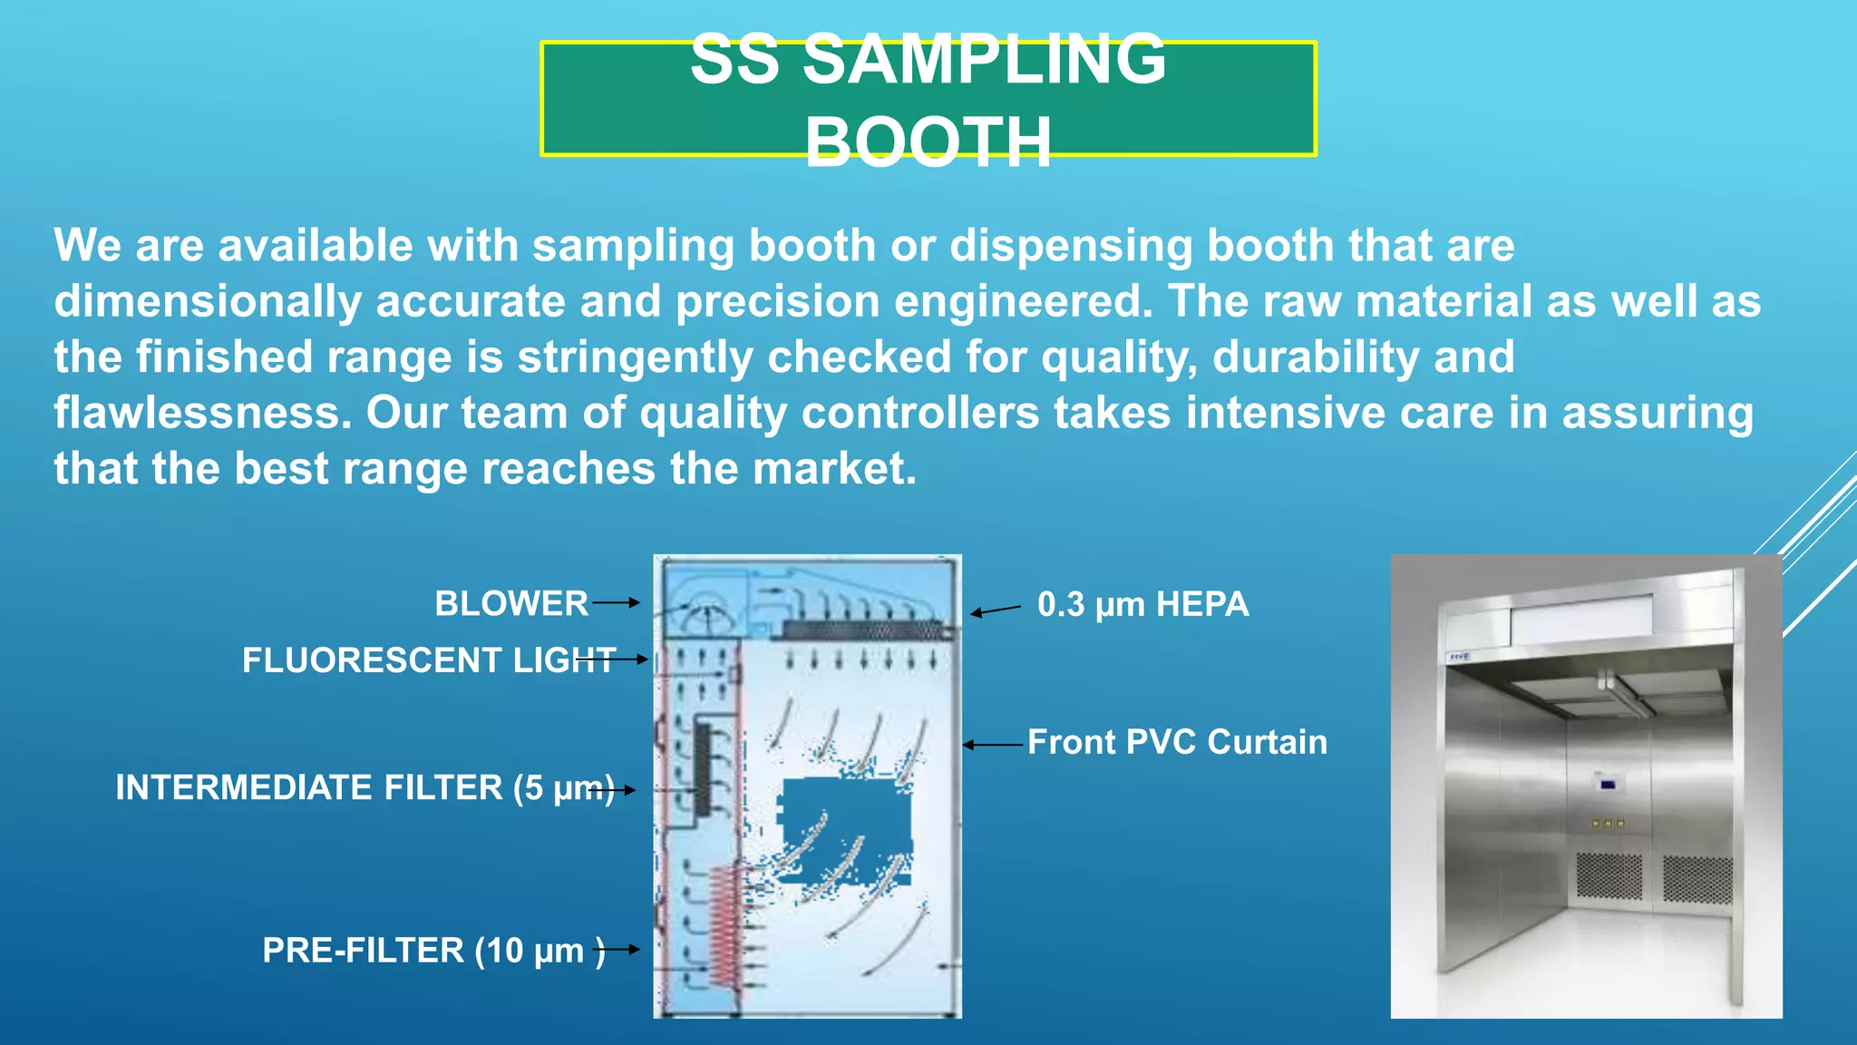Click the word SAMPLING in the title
coord(985,60)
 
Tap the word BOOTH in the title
coord(928,142)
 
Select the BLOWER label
coord(511,603)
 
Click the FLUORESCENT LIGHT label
coord(428,660)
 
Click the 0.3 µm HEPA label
coord(1142,605)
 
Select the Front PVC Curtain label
coord(1177,742)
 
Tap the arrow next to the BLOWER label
coord(617,602)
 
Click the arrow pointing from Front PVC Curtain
coord(993,745)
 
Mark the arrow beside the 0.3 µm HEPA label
coord(996,610)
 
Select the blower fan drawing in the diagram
coord(703,617)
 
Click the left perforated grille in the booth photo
coord(1609,874)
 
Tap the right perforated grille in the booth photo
coord(1697,877)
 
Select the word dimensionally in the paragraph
coord(208,302)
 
